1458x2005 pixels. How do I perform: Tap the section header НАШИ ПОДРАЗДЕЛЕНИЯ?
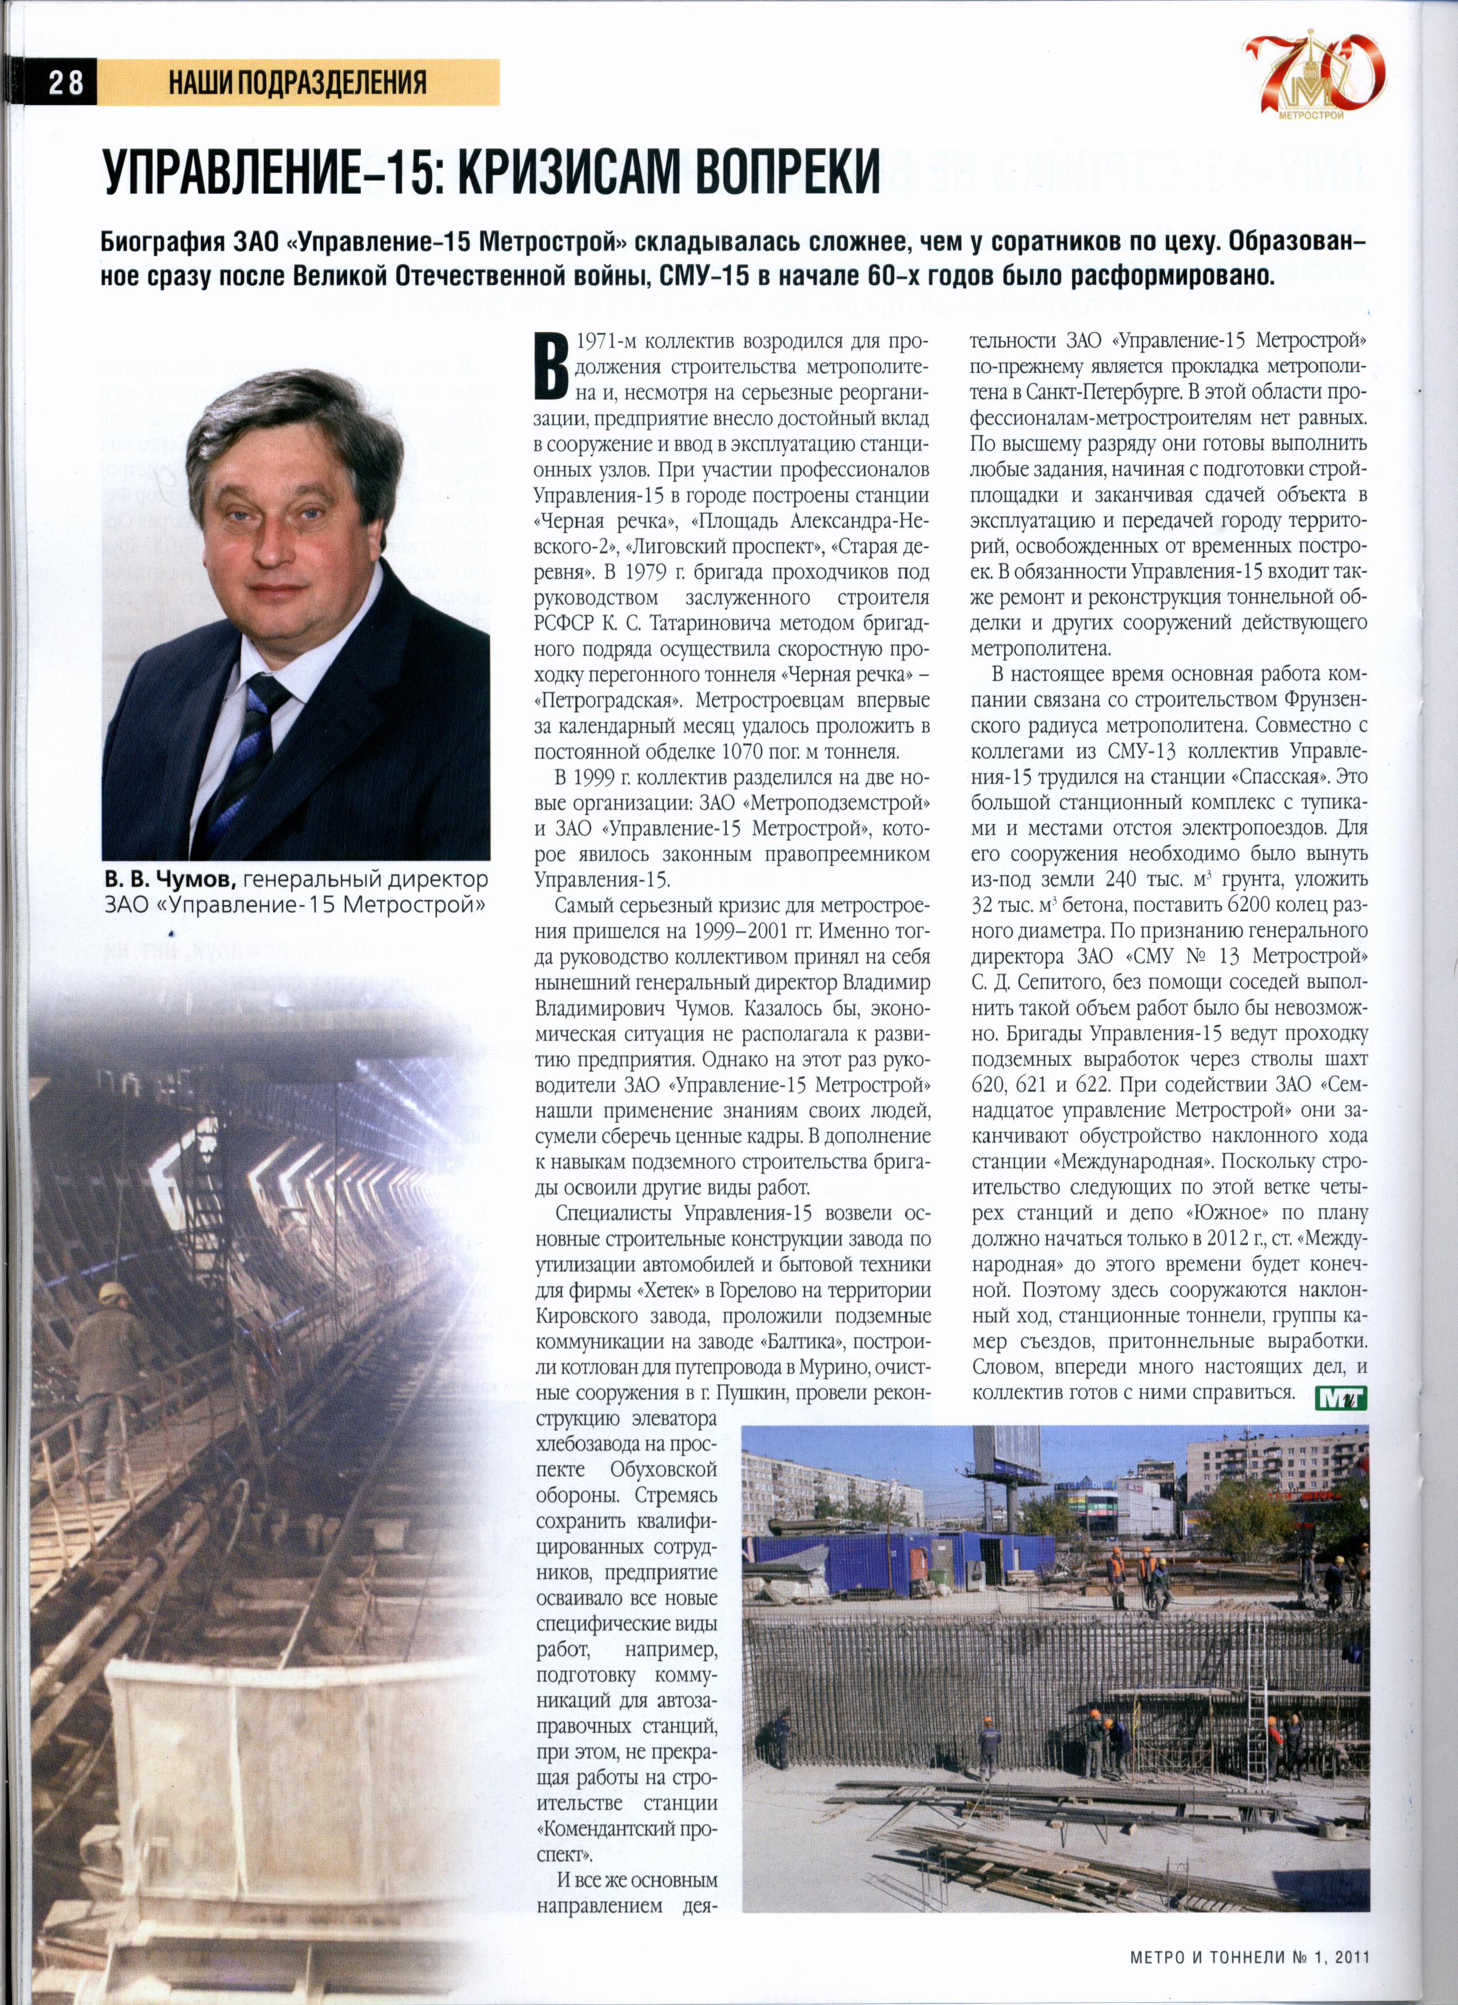click(x=297, y=83)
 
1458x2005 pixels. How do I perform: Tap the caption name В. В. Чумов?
click(x=169, y=880)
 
